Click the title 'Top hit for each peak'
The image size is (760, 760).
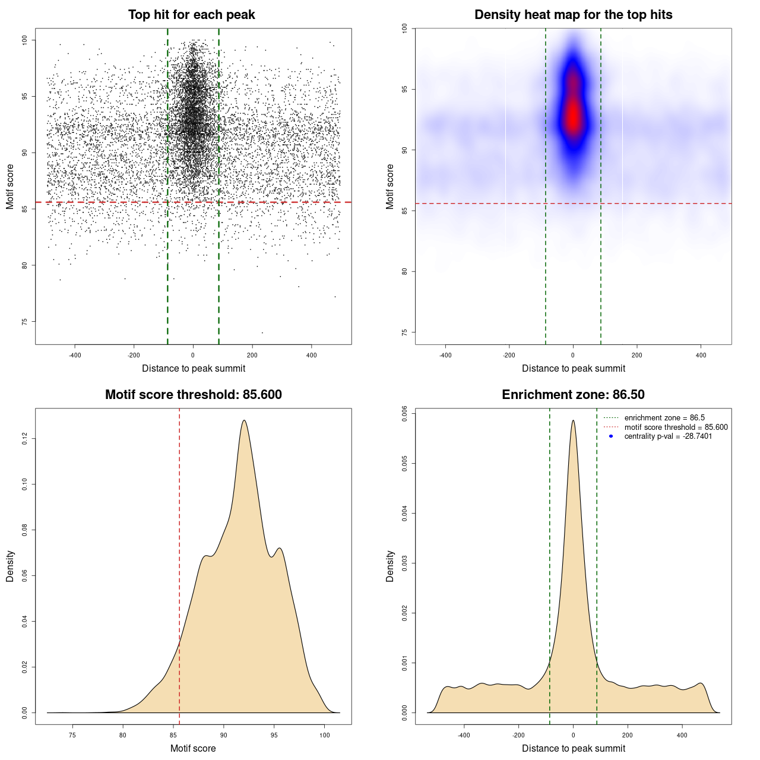pyautogui.click(x=192, y=15)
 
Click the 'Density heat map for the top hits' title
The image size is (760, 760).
pyautogui.click(x=573, y=15)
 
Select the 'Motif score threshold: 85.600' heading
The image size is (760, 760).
pyautogui.click(x=193, y=395)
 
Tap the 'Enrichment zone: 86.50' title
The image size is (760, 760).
pyautogui.click(x=573, y=395)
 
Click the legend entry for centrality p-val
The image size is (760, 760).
pyautogui.click(x=668, y=436)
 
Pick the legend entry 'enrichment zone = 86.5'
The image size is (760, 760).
pyautogui.click(x=664, y=418)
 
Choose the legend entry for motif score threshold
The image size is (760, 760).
pyautogui.click(x=676, y=427)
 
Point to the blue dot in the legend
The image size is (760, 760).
pyautogui.click(x=611, y=436)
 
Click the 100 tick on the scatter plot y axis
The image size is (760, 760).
pyautogui.click(x=25, y=40)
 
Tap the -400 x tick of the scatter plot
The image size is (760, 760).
pyautogui.click(x=75, y=355)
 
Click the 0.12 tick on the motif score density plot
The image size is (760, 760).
pyautogui.click(x=25, y=439)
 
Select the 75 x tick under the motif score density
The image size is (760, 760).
pyautogui.click(x=72, y=735)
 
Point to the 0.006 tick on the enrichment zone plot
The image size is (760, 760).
pyautogui.click(x=405, y=413)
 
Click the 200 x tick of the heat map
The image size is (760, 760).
pyautogui.click(x=637, y=355)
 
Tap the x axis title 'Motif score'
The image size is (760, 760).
pyautogui.click(x=193, y=748)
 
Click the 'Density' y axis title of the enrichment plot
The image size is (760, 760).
pyautogui.click(x=390, y=566)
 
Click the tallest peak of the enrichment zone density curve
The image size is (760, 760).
pyautogui.click(x=573, y=421)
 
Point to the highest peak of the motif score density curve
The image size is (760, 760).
pyautogui.click(x=244, y=421)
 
